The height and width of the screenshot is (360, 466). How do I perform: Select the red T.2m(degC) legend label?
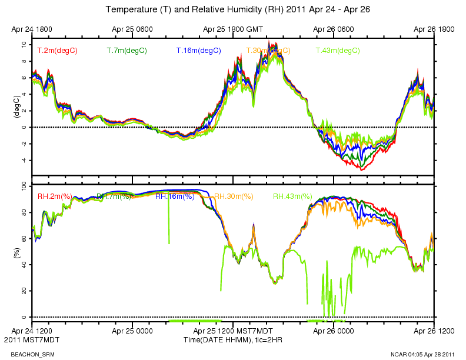[57, 51]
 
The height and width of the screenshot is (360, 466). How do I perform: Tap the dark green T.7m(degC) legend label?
[127, 51]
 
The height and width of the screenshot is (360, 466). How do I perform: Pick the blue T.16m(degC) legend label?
[198, 51]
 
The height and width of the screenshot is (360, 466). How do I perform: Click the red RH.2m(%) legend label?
[55, 196]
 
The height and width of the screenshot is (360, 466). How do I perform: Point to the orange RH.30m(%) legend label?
[234, 196]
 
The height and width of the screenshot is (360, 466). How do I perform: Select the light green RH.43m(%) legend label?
[292, 196]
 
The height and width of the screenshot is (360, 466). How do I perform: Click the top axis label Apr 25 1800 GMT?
[233, 28]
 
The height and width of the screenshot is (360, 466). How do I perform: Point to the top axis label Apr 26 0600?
[334, 28]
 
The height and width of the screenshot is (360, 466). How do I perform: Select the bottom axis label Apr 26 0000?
[334, 332]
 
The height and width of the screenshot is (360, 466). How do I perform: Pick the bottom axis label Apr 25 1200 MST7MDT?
[233, 332]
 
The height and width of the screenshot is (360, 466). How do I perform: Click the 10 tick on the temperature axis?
[23, 44]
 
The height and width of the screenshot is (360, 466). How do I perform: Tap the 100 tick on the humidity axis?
[21, 186]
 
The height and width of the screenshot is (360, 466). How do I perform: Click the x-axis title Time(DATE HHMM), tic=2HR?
[233, 340]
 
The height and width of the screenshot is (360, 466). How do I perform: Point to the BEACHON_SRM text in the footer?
[22, 354]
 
